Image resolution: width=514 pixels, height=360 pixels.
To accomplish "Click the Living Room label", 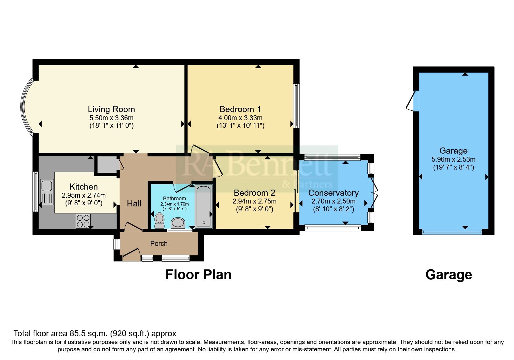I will click(111, 109).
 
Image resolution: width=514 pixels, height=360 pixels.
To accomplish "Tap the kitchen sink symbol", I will click(47, 185).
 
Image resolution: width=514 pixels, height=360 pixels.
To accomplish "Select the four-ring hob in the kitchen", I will click(83, 221).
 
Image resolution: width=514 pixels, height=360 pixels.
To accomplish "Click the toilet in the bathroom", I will click(159, 220).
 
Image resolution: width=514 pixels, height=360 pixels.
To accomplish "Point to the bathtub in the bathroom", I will click(203, 206).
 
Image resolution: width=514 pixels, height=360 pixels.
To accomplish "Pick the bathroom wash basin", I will click(178, 223).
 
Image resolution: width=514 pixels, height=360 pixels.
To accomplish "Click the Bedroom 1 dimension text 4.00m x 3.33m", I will click(240, 118).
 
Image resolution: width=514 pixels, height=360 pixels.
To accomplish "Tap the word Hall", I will click(134, 204).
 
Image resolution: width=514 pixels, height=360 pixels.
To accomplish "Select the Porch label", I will click(159, 244).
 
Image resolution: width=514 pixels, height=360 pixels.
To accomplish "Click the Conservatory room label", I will click(333, 193).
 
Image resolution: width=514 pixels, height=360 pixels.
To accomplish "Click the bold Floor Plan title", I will click(198, 275).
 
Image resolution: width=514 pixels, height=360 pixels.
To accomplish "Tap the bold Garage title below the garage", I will click(448, 275).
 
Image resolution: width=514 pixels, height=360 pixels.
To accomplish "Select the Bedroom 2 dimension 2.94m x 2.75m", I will click(254, 201).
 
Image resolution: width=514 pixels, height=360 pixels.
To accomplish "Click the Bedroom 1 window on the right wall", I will click(296, 106).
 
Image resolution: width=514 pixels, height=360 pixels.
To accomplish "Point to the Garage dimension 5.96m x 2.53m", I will click(453, 159).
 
